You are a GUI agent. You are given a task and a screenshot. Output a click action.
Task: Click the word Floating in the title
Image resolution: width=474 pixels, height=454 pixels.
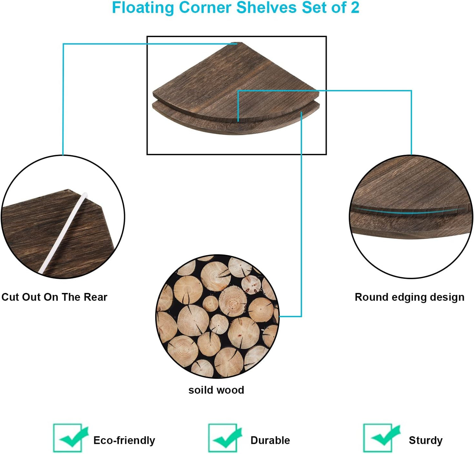[x=143, y=8]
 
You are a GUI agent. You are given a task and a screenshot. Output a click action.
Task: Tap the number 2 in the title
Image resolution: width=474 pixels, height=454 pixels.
[x=355, y=7]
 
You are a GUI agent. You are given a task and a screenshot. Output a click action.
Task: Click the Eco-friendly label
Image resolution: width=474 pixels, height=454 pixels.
[x=124, y=440]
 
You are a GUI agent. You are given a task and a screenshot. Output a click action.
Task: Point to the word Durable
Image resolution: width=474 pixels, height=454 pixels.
[x=270, y=440]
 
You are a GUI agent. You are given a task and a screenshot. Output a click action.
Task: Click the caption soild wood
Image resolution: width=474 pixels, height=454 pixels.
[x=216, y=390]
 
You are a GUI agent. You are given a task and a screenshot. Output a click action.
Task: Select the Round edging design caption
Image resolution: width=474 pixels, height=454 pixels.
[x=409, y=298]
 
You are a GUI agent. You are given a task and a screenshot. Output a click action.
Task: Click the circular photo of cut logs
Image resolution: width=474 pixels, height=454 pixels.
[x=217, y=316]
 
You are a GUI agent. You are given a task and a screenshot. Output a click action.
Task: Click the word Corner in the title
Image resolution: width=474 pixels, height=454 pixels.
[x=205, y=7]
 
